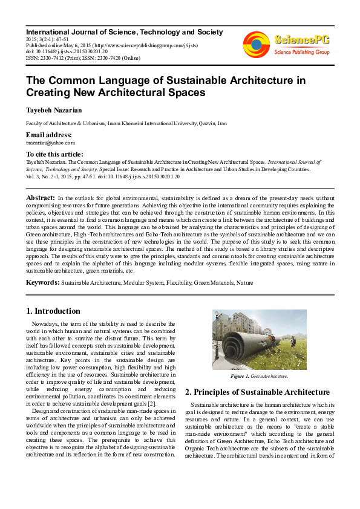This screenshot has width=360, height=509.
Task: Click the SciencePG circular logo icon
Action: click(x=256, y=44)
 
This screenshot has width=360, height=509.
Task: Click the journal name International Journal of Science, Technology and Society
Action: click(x=124, y=32)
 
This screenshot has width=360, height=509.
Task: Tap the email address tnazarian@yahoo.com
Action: click(x=50, y=143)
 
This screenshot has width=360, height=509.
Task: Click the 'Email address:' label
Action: click(x=48, y=135)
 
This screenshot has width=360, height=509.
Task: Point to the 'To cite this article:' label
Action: click(x=54, y=155)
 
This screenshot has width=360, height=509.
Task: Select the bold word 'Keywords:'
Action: click(x=43, y=282)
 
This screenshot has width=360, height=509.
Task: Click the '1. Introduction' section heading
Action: click(x=53, y=311)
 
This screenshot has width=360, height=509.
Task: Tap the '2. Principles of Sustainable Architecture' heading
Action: click(x=258, y=392)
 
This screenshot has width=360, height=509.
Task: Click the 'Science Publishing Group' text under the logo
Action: click(x=301, y=52)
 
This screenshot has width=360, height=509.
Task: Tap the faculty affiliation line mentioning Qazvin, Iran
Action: click(x=126, y=123)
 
